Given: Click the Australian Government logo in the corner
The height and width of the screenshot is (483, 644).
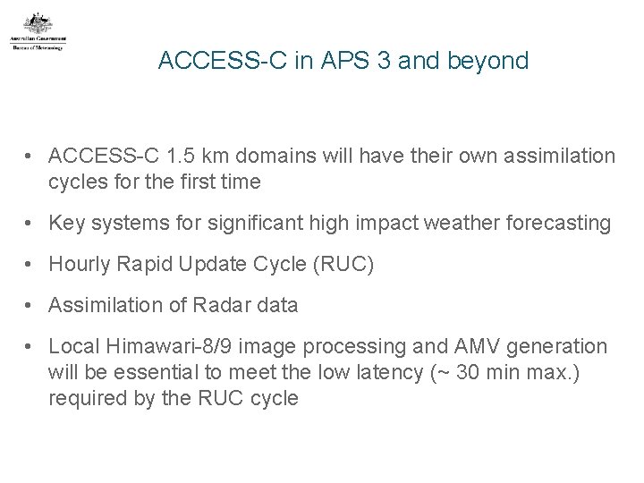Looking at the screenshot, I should coord(38,32).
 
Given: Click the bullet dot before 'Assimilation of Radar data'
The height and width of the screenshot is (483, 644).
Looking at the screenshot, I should coord(32,305).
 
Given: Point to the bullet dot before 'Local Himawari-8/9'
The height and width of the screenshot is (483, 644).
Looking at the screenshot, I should coord(32,346).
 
